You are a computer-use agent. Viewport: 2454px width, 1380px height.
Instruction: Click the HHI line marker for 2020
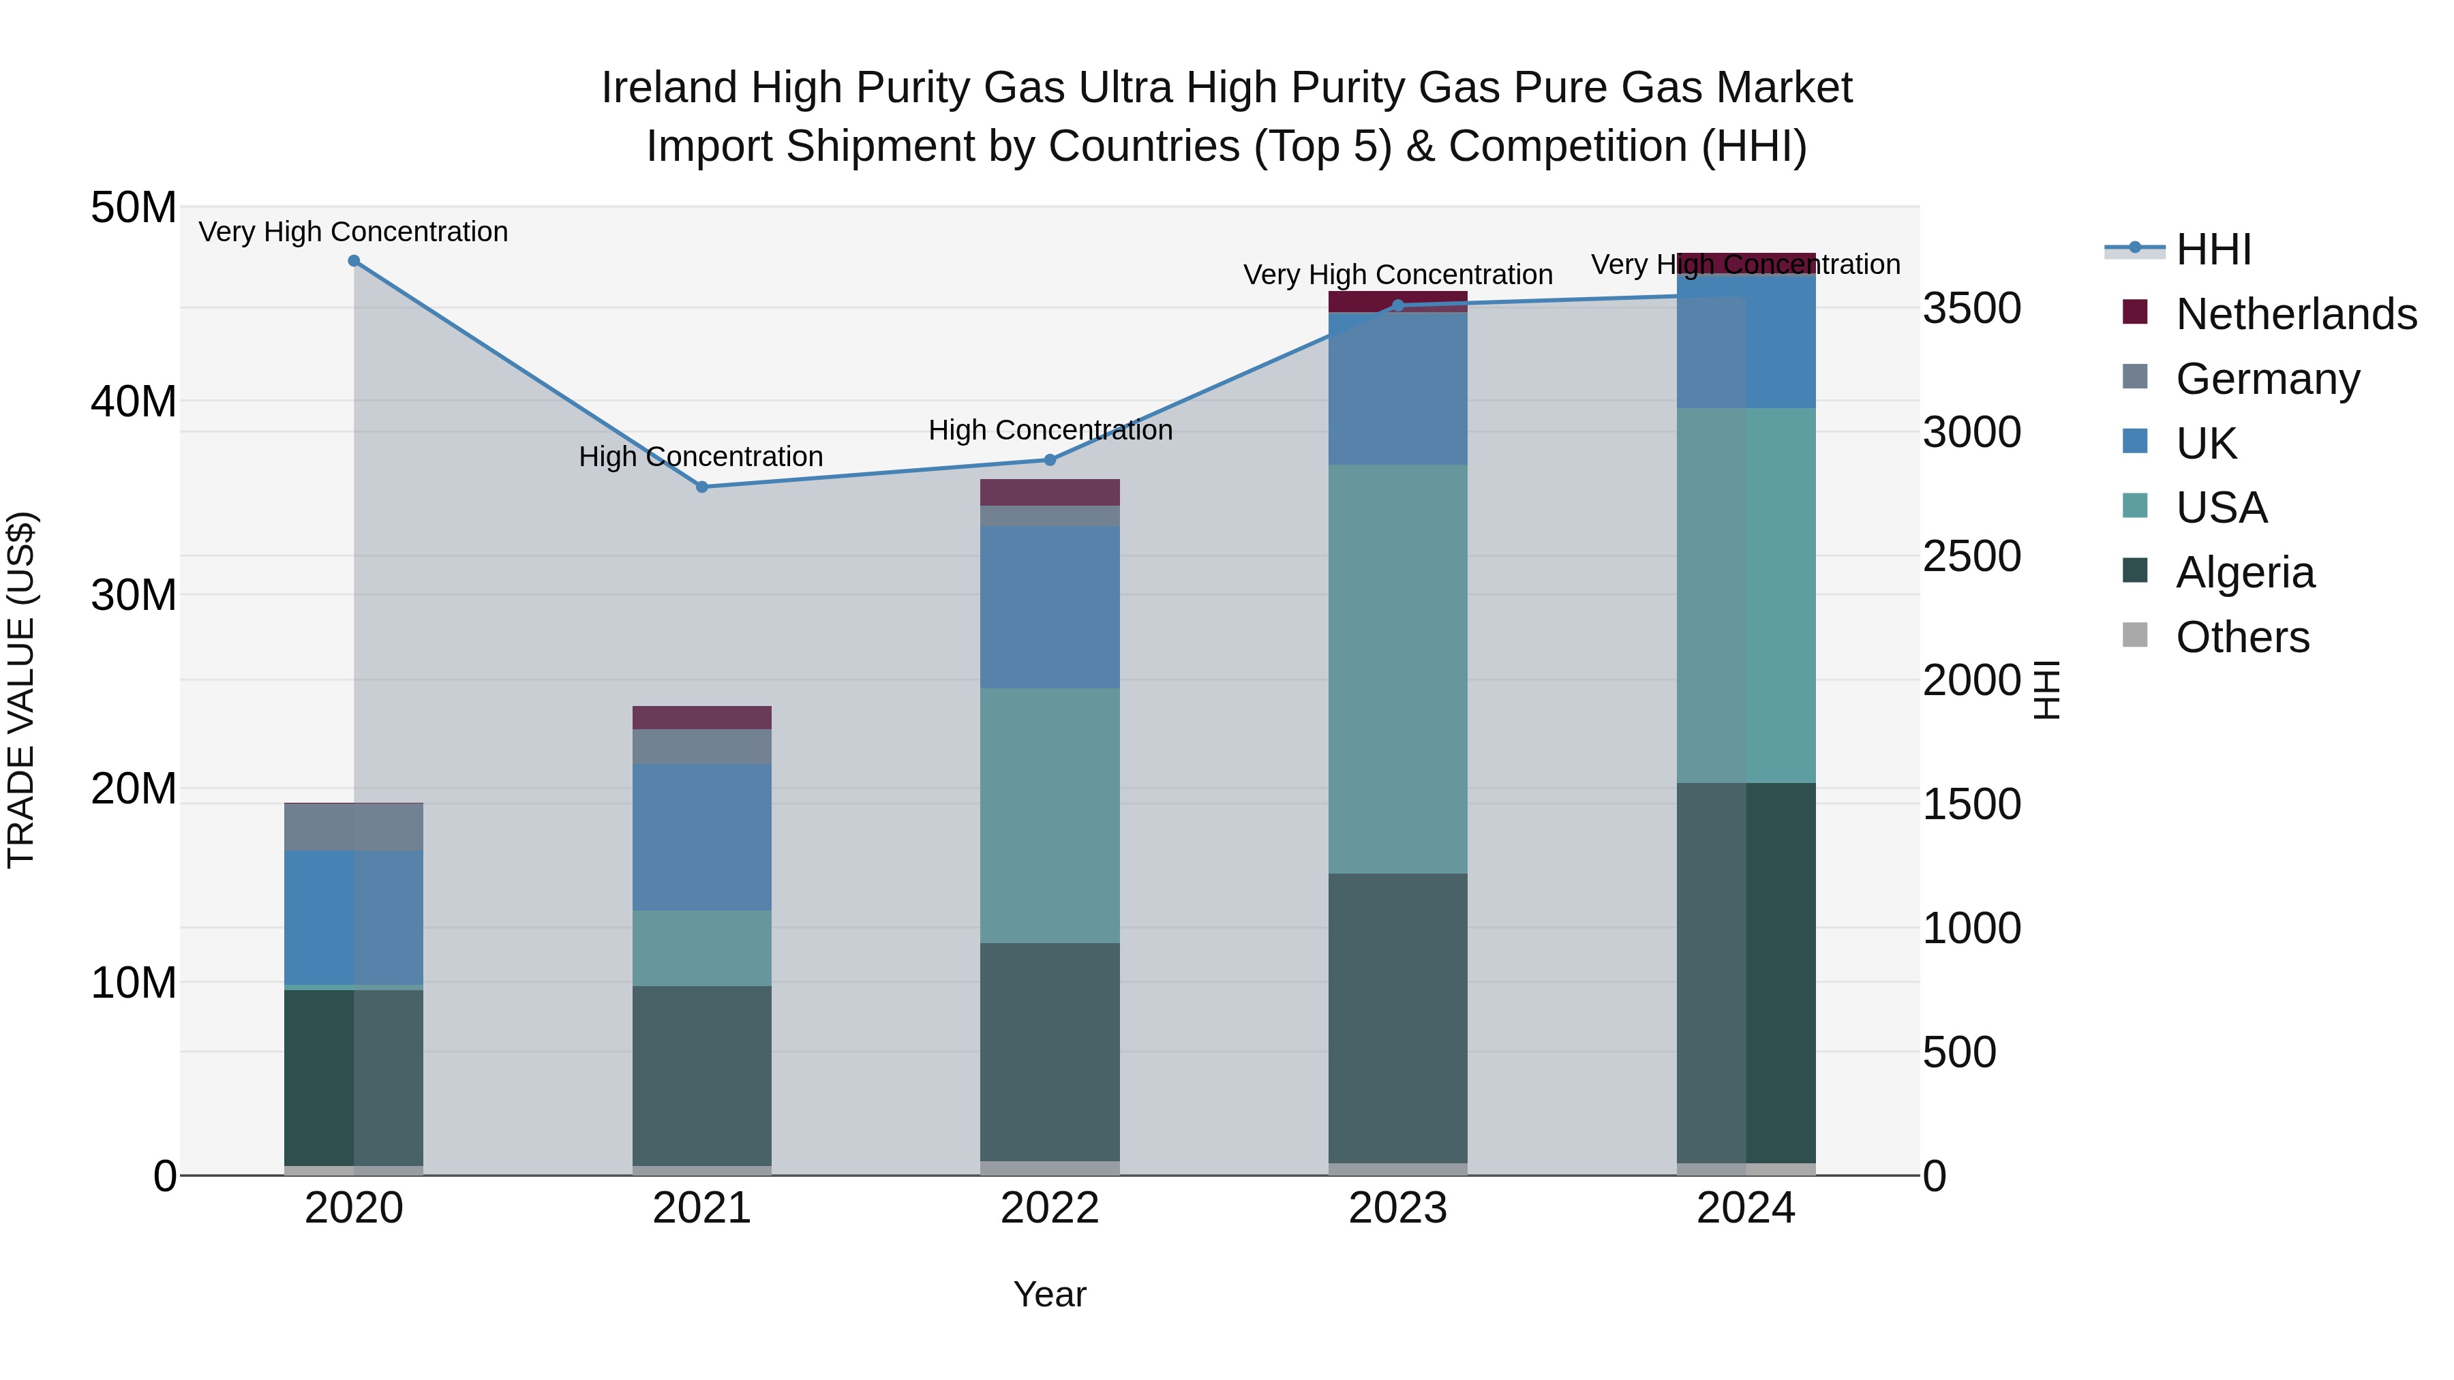pos(353,261)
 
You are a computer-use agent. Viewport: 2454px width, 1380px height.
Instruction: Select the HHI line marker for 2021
pos(702,487)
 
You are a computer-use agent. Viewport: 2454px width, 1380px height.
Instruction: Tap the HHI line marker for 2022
pos(1050,460)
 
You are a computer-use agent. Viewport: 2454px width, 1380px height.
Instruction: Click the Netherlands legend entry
pos(2296,314)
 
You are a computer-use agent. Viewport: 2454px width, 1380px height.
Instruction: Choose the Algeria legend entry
pos(2245,572)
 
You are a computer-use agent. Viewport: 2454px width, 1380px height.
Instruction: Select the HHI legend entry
pos(2212,249)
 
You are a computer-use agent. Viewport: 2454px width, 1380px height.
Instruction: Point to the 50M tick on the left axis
pos(134,208)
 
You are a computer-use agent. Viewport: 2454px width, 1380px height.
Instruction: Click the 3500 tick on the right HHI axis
pos(1971,309)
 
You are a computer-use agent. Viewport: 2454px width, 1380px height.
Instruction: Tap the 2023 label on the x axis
pos(1397,1208)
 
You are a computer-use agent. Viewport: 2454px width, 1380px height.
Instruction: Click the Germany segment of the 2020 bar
pos(353,827)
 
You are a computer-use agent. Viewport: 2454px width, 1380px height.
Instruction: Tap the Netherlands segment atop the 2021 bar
pos(702,717)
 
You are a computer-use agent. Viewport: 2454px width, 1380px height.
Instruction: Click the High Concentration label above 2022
pos(1050,431)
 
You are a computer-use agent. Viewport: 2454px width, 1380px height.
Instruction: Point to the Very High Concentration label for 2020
pos(353,232)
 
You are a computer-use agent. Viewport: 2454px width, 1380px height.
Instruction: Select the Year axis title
pos(1050,1294)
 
